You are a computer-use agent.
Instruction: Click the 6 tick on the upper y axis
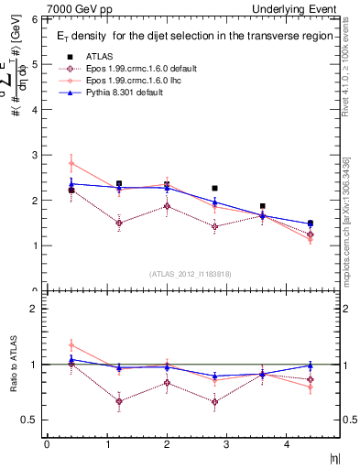coord(35,19)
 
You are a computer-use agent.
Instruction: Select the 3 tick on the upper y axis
coord(35,155)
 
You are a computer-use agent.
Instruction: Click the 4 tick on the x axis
coord(286,444)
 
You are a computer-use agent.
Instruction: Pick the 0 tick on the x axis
coord(47,444)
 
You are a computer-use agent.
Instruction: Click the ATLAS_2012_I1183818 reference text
coord(191,273)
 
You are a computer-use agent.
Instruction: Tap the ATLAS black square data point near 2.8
coord(214,188)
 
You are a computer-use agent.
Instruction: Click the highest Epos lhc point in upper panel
coord(71,164)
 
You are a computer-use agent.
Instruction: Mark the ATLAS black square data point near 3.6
coord(262,206)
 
